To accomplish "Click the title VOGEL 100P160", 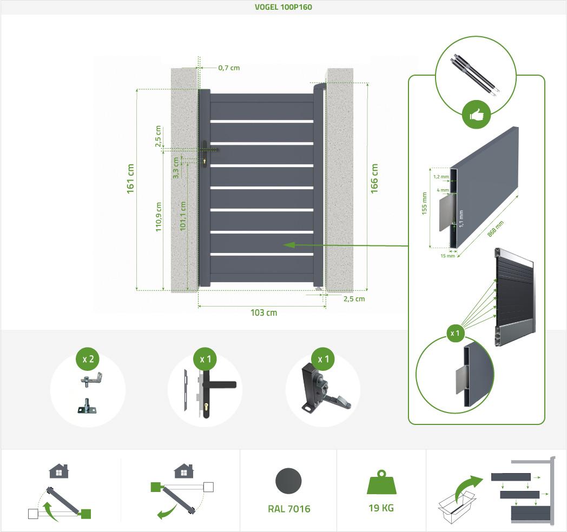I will pos(283,8).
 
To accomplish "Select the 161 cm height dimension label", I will pos(130,179).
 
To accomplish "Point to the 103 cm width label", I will pos(264,313).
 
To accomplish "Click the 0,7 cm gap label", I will pos(228,68).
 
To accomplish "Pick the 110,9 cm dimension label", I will pos(159,217).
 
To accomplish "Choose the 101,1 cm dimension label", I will pos(183,217).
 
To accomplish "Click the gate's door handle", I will pos(206,154).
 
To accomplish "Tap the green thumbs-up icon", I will pos(477,115).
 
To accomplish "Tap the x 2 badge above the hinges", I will pos(88,360).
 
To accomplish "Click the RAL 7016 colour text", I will pos(289,509).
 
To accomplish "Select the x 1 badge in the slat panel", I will pos(456,334).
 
